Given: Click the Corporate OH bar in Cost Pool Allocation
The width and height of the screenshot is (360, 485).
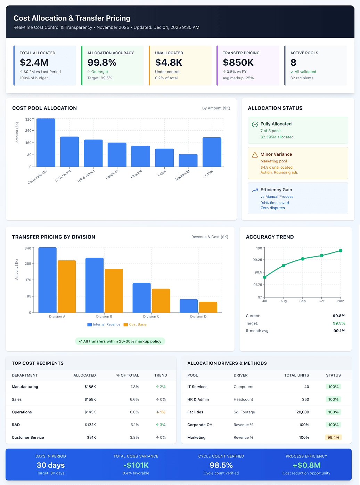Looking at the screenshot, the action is coord(46,143).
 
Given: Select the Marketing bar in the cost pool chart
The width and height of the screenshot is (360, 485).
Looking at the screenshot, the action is coord(188,161).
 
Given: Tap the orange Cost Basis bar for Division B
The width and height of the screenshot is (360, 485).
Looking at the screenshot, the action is coord(114,291).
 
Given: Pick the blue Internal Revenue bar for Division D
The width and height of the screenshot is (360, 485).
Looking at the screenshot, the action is coord(189,306).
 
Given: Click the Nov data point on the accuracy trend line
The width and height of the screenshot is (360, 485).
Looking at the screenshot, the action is coord(340,251).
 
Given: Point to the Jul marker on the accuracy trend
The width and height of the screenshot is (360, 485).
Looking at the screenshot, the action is coord(264,277).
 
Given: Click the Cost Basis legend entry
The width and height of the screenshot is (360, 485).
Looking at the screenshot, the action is coord(135,324).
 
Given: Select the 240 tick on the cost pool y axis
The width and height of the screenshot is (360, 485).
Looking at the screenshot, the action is coord(28,130).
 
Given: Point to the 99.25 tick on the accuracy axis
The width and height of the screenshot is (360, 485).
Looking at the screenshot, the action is coord(257,260).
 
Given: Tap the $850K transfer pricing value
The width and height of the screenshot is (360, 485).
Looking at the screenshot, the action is coord(238,63).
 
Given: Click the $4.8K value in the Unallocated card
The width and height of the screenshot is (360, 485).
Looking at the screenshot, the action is coord(169,63).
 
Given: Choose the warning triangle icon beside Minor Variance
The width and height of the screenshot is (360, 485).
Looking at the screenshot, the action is coord(255,155).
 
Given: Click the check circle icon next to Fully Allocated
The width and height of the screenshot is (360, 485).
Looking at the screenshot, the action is coord(255,124).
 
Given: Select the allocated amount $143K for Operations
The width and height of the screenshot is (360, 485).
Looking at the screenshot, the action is coord(90,412).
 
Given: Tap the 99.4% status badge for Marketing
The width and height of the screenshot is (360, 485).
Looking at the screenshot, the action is coord(333,437).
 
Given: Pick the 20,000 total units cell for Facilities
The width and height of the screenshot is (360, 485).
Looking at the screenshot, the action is coord(303,412).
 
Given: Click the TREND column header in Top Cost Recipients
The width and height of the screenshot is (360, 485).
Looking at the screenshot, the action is coord(161,375).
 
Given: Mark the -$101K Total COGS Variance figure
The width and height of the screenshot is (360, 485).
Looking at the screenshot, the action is coord(136,465).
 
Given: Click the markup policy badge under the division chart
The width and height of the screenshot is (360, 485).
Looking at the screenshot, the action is coord(120,341).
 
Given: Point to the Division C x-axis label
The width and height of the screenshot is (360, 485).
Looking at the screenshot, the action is coord(151,316).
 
